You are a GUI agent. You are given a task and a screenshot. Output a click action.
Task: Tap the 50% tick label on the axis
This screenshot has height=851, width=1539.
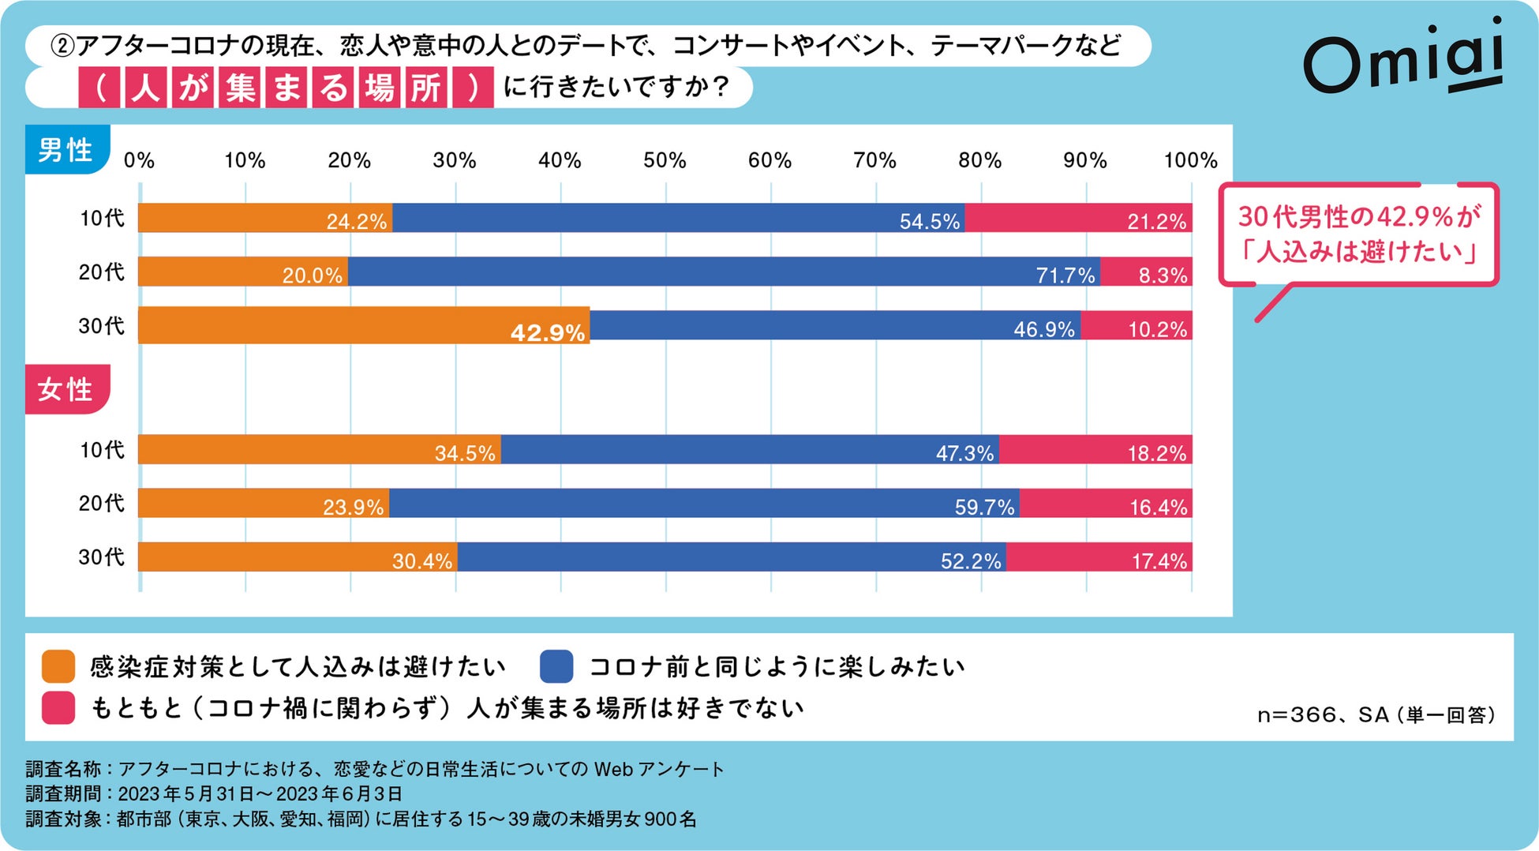point(665,160)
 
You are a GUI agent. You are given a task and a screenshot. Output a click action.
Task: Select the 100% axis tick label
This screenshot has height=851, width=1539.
point(1190,160)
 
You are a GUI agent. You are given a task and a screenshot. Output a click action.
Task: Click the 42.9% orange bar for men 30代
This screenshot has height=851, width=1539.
point(363,325)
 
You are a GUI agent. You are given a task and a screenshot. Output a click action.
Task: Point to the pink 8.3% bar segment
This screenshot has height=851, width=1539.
point(1146,272)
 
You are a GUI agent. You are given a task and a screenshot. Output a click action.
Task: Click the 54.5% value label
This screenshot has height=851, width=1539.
point(930,221)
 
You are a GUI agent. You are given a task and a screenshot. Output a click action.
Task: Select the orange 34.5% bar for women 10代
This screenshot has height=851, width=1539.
point(319,449)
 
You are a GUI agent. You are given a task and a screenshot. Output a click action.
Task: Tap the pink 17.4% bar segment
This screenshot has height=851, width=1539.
point(1099,557)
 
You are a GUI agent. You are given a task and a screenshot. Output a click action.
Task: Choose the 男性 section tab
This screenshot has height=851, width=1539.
point(66,149)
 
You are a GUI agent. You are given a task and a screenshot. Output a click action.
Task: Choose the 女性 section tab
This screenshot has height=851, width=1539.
point(66,389)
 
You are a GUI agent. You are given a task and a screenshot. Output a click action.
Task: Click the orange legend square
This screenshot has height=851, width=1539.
point(58,666)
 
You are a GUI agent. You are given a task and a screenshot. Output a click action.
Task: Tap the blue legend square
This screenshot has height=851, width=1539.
point(556,666)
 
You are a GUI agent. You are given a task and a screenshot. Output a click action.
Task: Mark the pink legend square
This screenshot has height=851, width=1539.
point(58,707)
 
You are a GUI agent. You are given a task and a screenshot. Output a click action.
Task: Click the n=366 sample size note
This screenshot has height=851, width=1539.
point(1375,715)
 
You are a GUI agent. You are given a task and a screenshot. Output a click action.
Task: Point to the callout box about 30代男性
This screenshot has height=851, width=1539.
point(1357,234)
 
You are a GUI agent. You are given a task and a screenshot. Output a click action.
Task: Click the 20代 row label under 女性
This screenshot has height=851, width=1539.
point(101,503)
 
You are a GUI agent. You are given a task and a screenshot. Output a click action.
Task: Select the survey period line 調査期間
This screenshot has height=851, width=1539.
point(215,793)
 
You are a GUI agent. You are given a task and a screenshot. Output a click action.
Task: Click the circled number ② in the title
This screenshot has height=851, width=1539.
point(62,46)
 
